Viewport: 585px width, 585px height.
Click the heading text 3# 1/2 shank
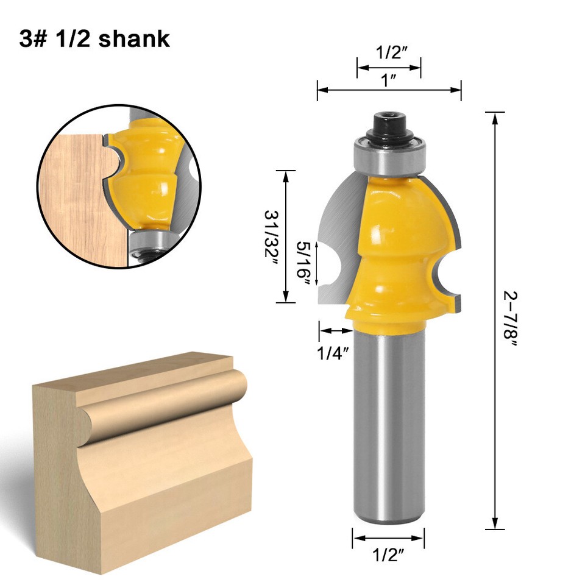(x=94, y=38)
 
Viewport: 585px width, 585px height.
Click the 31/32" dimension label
(x=270, y=237)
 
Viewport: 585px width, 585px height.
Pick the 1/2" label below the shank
(x=388, y=556)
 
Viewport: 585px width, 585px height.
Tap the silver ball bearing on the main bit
(x=389, y=157)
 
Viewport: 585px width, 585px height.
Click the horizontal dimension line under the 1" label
(x=389, y=90)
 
